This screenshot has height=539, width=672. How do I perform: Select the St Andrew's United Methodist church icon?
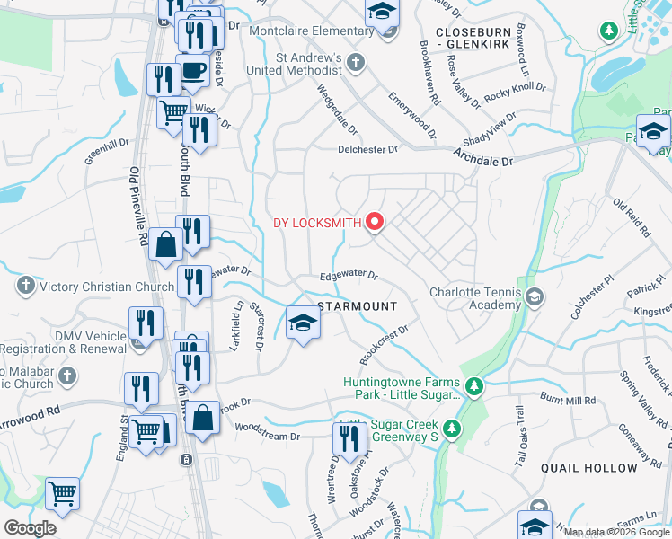(356, 63)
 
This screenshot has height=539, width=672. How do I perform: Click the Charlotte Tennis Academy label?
(475, 298)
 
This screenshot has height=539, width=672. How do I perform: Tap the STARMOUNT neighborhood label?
(358, 306)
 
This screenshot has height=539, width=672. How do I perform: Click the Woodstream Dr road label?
(270, 437)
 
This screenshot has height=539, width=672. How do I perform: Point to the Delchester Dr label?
(367, 150)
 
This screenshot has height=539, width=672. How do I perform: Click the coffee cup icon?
(194, 69)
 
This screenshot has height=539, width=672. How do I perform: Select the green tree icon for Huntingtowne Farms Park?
(475, 386)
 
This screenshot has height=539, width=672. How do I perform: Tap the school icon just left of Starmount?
(304, 323)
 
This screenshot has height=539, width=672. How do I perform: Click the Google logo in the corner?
(30, 527)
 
